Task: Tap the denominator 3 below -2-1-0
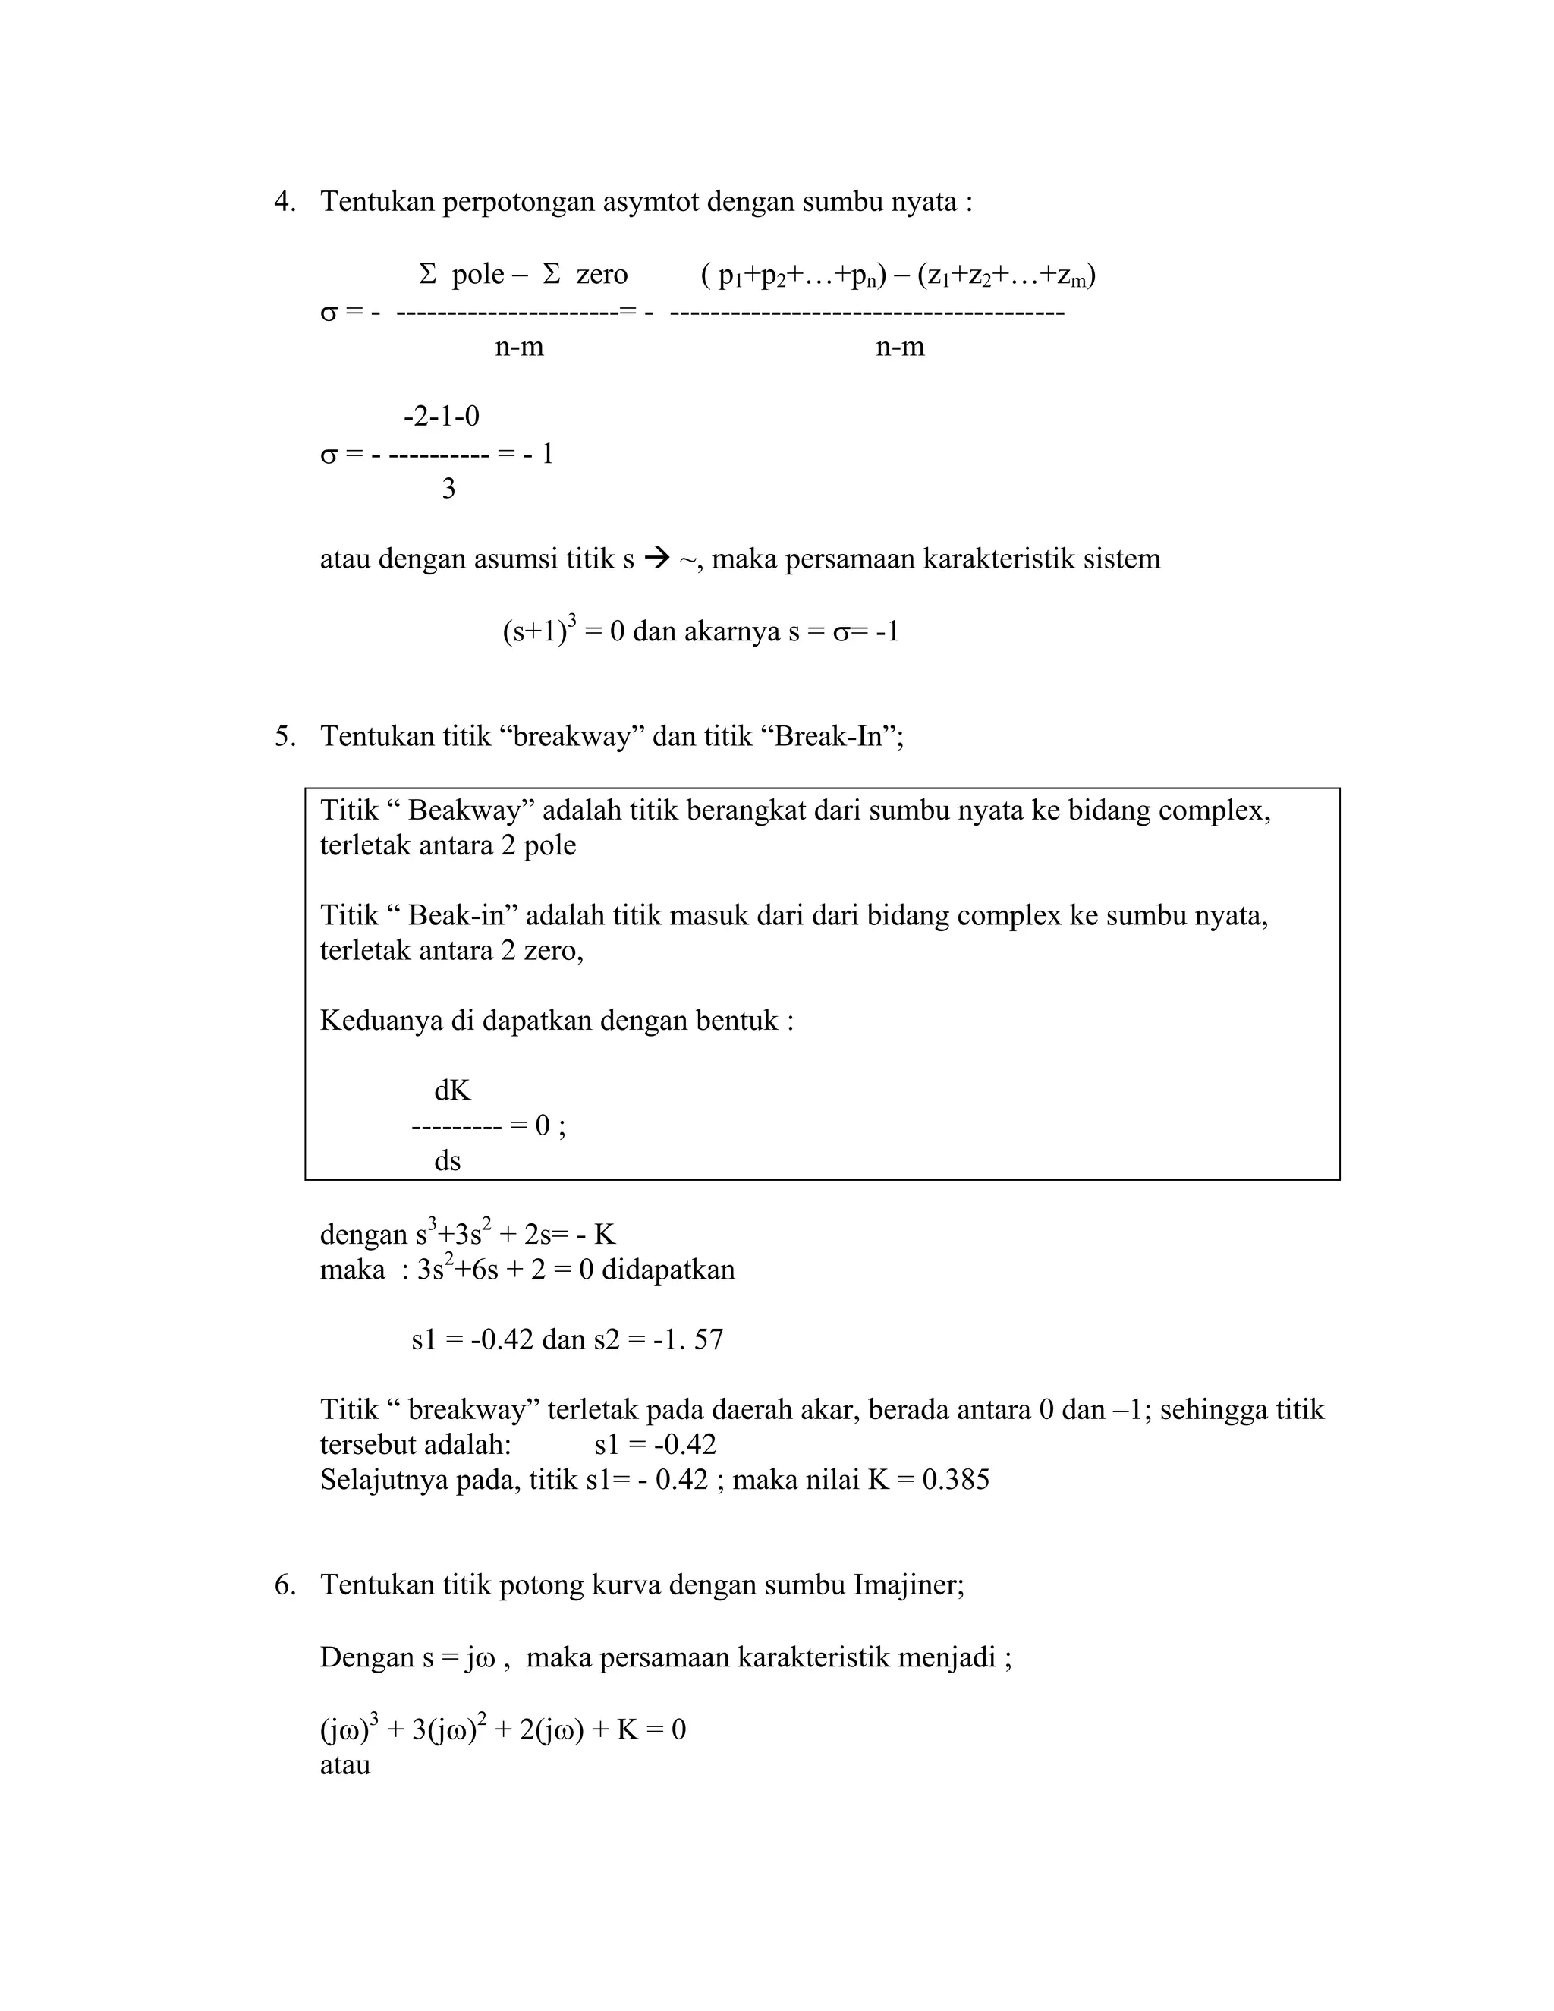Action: click(448, 489)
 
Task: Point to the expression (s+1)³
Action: click(539, 631)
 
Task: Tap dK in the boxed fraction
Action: click(452, 1091)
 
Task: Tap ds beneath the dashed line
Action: click(448, 1161)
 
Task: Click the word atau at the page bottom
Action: click(345, 1765)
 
